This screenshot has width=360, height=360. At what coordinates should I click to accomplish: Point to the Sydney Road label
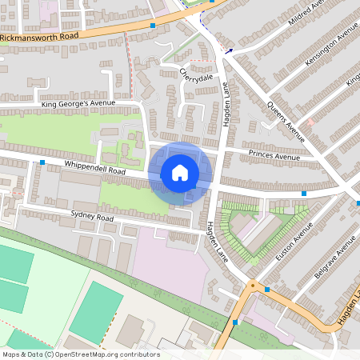tap(94, 217)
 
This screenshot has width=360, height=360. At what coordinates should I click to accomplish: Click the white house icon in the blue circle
tap(180, 173)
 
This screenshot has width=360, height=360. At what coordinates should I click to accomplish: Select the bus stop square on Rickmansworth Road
tap(153, 26)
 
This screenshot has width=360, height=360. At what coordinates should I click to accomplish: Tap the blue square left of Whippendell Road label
tap(42, 162)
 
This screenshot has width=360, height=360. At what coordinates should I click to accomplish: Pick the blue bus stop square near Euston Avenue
tap(304, 194)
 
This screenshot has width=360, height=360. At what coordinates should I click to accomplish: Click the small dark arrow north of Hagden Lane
tap(229, 52)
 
